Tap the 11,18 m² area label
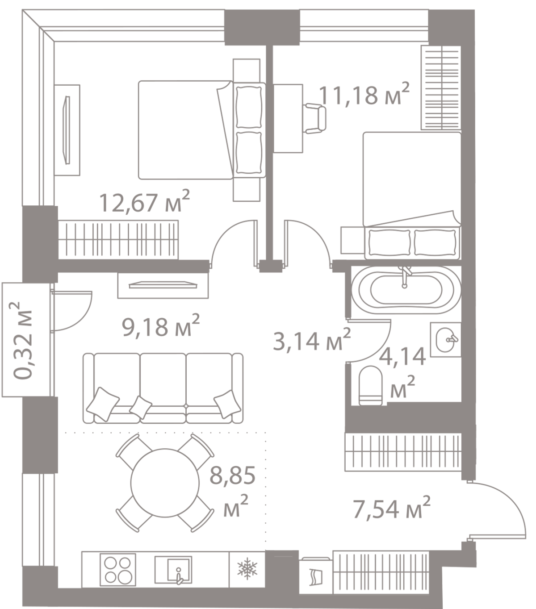pos(364,95)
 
